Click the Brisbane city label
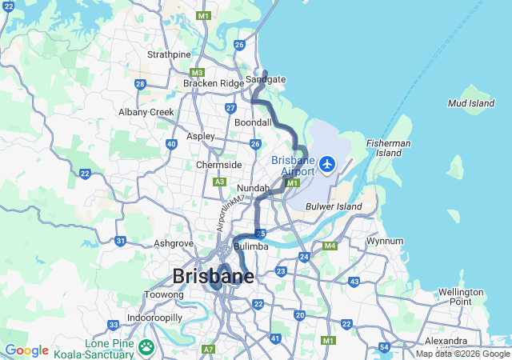click(214, 277)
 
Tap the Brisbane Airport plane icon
click(327, 164)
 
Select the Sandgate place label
click(266, 80)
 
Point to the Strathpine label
click(169, 54)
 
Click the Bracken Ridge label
click(213, 83)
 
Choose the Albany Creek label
click(146, 112)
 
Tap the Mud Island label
click(471, 104)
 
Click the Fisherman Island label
click(383, 147)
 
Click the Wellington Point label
click(460, 297)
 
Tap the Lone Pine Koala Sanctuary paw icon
click(146, 347)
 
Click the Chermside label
click(219, 165)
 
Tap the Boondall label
click(254, 122)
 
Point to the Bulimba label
click(250, 246)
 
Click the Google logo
click(26, 350)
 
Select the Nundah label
click(253, 188)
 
